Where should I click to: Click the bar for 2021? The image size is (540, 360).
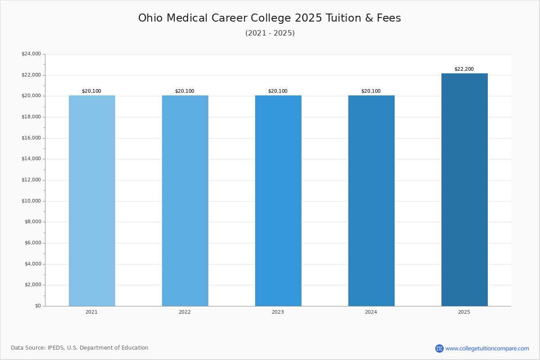[92, 201]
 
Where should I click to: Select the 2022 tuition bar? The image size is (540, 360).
[185, 201]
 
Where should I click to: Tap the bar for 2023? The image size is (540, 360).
[278, 201]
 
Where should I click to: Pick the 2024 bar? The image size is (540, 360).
[371, 201]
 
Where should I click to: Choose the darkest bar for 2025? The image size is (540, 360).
[464, 190]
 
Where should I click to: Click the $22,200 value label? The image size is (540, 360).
[464, 69]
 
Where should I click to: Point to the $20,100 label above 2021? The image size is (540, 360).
[91, 91]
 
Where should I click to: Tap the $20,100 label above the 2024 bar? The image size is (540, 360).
[371, 91]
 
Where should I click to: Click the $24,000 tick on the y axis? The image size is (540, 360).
[31, 54]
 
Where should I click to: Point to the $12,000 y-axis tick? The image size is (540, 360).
[31, 180]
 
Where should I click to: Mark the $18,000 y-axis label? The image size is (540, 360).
[31, 117]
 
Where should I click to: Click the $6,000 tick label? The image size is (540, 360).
[32, 243]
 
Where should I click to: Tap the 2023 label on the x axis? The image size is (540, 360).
[278, 312]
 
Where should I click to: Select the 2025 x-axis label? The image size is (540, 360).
[464, 312]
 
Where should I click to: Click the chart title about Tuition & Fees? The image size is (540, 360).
[270, 18]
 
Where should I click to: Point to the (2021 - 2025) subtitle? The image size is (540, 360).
[270, 33]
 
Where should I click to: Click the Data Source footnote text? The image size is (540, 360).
[80, 348]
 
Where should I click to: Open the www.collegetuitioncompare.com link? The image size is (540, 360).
[487, 348]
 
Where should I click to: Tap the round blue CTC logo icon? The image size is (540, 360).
[439, 348]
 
